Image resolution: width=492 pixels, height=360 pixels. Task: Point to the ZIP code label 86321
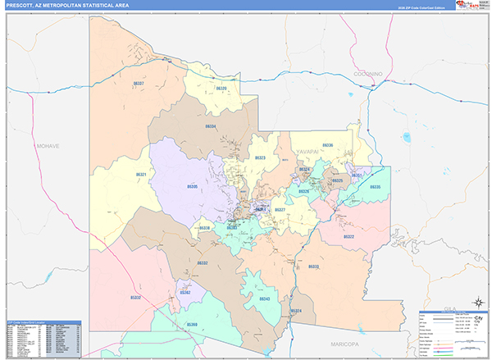point(141,175)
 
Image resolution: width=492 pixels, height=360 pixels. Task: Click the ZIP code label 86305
point(193,187)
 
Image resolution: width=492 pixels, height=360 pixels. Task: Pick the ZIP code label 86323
point(260,157)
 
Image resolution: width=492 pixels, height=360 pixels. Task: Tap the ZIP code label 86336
point(328,145)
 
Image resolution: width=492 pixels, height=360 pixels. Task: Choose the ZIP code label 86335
point(375,188)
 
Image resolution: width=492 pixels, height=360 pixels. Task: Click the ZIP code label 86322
point(349,237)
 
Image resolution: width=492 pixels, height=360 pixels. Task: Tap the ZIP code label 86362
point(185,292)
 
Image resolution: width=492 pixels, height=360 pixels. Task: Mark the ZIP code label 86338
point(205,228)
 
